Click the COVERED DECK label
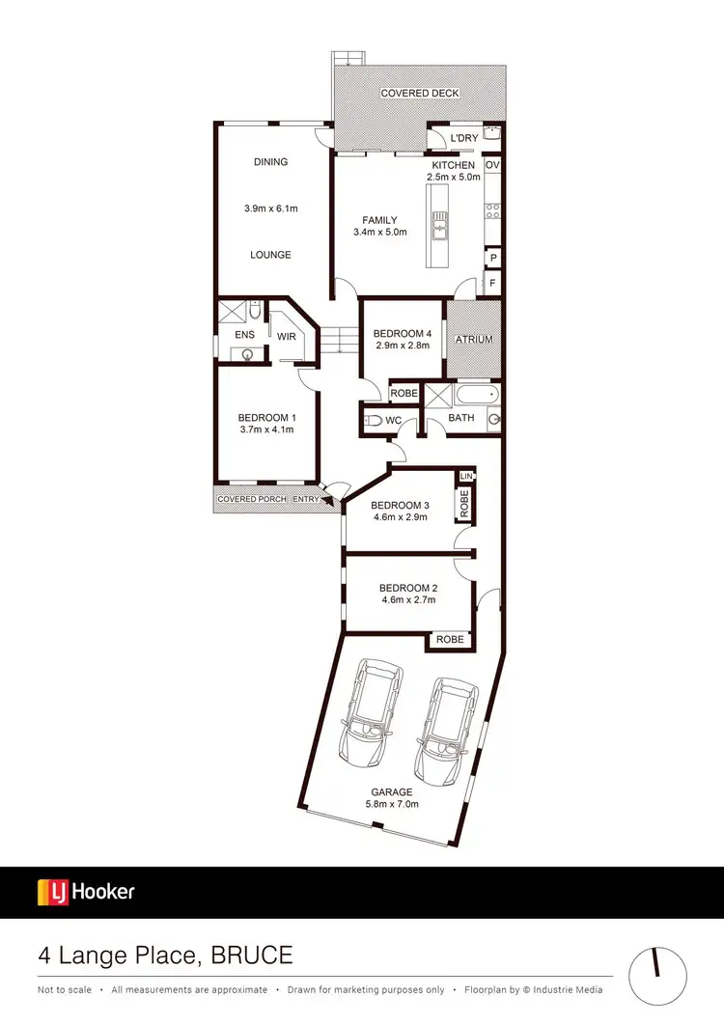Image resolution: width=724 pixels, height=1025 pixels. [420, 93]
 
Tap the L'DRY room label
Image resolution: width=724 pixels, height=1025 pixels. [464, 138]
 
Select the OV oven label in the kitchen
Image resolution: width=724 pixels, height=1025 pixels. [492, 166]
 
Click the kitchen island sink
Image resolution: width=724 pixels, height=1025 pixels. [440, 228]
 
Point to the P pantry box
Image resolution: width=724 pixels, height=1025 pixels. [492, 259]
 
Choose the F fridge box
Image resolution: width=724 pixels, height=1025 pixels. [492, 284]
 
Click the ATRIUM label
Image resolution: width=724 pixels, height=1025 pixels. [474, 340]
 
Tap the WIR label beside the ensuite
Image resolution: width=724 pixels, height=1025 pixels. [287, 337]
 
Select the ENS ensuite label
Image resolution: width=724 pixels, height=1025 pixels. [244, 335]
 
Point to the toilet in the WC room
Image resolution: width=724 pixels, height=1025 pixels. [372, 420]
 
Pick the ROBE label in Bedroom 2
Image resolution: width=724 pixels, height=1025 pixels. [450, 639]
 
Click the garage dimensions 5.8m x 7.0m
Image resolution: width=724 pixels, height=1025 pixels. [391, 804]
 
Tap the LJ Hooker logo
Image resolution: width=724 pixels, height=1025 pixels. [86, 892]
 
